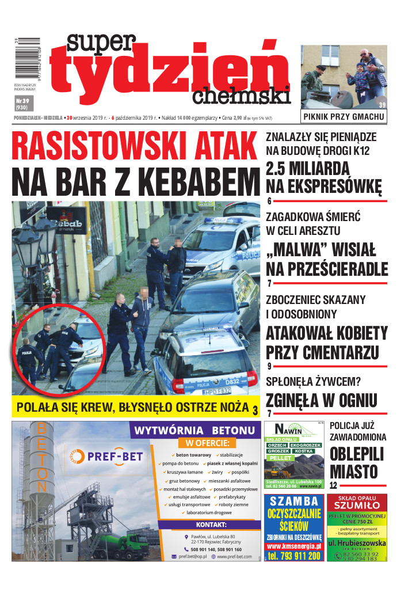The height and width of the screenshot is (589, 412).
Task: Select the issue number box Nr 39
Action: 22,104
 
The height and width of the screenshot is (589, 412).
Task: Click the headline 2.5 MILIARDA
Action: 307,169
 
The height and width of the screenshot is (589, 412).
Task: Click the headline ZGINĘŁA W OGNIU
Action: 321,400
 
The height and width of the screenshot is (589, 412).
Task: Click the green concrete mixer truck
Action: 123,541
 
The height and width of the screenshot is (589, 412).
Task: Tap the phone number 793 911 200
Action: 293,556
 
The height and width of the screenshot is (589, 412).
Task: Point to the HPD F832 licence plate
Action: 217,392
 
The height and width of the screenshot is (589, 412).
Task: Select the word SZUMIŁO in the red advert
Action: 357,505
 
